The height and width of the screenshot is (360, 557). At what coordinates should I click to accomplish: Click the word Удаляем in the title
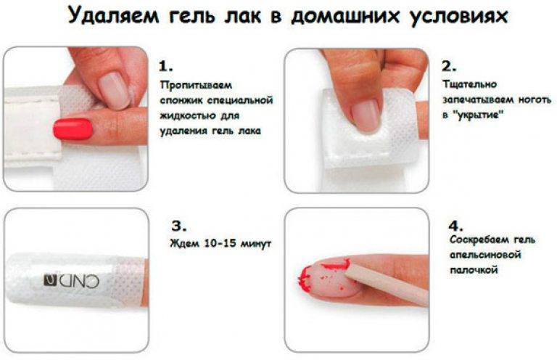pos(113,17)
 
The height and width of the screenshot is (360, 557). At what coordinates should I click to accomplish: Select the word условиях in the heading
pos(459,17)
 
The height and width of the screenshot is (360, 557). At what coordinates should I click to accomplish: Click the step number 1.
pos(165,66)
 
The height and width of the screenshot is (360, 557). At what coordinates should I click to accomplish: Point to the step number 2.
pos(449,66)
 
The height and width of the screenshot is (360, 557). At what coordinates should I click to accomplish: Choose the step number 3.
pos(178,226)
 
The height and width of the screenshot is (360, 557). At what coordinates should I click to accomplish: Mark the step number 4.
pos(455,226)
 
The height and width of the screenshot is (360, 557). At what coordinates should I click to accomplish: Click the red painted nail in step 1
pos(73,128)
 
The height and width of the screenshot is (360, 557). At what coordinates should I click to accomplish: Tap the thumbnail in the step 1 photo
pos(115,90)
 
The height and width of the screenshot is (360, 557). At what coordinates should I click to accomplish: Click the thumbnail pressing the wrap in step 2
pos(366,115)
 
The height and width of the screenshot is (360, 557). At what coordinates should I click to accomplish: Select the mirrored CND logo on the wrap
pos(71,281)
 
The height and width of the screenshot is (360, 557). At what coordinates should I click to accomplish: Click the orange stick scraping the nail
pos(387,284)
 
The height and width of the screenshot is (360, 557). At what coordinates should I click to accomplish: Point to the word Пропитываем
pos(196,86)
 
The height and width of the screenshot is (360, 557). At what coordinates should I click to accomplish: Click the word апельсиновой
pos(485,255)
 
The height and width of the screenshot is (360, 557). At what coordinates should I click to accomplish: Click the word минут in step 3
pos(256,244)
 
